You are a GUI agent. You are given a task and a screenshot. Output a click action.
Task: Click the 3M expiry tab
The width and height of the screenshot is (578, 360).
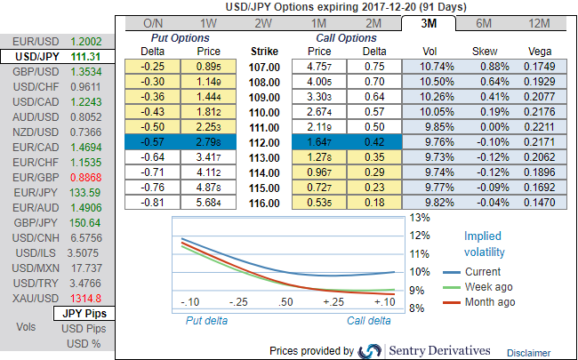[429, 23]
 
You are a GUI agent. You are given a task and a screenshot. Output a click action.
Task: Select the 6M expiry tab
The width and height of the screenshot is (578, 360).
[485, 23]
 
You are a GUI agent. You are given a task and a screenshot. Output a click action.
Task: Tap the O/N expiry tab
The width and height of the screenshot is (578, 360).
[152, 23]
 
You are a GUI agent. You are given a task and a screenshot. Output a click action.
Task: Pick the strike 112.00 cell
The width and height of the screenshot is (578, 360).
[266, 141]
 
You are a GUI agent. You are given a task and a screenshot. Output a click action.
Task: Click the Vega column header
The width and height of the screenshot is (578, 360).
[540, 52]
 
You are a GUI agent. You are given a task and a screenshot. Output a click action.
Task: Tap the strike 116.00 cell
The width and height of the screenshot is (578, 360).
[266, 202]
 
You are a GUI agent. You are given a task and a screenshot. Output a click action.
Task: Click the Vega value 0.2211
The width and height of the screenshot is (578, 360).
[540, 126]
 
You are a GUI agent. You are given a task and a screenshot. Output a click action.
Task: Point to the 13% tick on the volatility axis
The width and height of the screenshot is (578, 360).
[419, 216]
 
